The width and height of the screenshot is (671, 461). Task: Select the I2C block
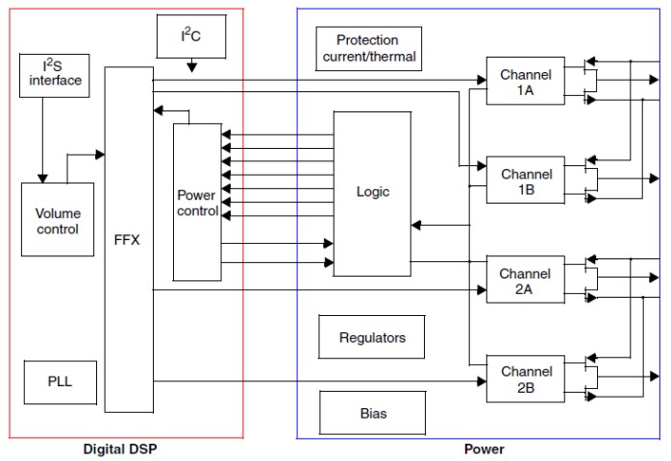190,35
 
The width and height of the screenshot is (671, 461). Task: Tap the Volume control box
58,220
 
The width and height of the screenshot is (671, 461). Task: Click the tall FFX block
127,238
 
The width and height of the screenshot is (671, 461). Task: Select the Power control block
197,203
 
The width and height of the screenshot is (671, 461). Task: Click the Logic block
372,191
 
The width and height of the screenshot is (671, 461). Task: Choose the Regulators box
372,337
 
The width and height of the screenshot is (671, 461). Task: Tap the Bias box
372,413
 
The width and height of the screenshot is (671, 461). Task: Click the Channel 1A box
526,83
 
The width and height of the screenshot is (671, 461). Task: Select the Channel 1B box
526,182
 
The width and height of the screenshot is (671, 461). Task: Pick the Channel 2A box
525,280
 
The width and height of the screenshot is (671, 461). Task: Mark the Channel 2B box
525,379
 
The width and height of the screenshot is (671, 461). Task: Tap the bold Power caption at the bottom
484,449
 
